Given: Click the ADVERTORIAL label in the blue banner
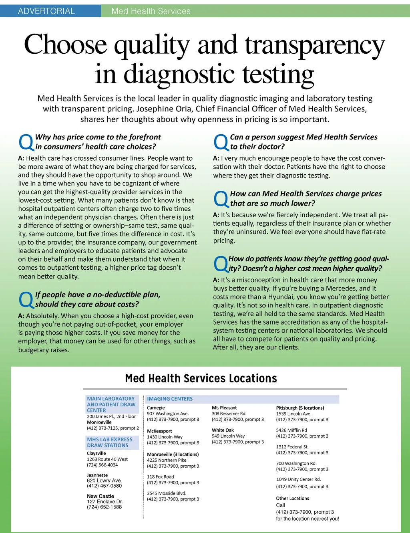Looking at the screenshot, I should click(46, 11).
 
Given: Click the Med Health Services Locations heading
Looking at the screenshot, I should click(201, 379).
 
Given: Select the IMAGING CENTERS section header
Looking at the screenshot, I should click(170, 399).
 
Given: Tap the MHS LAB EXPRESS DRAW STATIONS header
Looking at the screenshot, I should click(110, 442).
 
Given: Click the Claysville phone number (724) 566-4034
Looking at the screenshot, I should click(102, 465).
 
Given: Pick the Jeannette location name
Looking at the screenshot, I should click(97, 475).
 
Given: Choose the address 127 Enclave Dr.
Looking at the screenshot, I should click(105, 502).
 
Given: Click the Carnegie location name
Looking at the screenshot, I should click(156, 408).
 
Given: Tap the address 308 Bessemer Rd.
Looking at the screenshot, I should click(229, 414).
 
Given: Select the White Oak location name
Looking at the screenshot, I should click(223, 430).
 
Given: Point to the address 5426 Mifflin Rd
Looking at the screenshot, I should click(291, 430).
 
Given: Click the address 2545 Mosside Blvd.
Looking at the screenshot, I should click(167, 493).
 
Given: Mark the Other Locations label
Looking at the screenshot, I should click(292, 499).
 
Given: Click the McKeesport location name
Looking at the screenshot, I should click(159, 431).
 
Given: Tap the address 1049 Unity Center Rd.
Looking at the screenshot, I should click(298, 479).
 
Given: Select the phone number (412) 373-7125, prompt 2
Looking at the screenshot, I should click(113, 428).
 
